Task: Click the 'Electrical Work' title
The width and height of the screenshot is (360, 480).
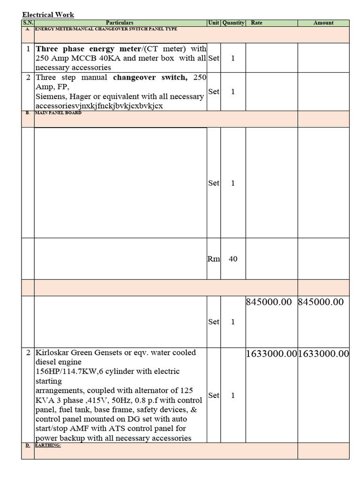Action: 48,15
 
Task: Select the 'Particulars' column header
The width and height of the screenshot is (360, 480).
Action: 120,23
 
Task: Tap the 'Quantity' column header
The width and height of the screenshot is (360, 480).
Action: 233,23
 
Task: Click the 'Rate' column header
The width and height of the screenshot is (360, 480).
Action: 257,23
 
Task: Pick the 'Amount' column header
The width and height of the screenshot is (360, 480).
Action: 323,23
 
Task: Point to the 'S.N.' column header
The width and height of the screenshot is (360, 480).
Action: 28,23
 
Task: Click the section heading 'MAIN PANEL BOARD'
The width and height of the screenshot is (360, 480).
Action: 58,113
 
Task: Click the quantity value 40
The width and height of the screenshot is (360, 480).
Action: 233,259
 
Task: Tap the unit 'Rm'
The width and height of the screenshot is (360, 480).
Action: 214,259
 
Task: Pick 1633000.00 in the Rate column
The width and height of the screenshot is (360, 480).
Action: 271,354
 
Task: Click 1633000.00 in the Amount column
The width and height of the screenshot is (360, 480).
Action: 323,354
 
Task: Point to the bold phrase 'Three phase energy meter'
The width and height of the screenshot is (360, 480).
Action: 89,49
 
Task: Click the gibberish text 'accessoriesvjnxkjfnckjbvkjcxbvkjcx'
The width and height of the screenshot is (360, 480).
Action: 99,106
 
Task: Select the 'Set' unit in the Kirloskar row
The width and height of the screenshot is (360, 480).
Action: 214,395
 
